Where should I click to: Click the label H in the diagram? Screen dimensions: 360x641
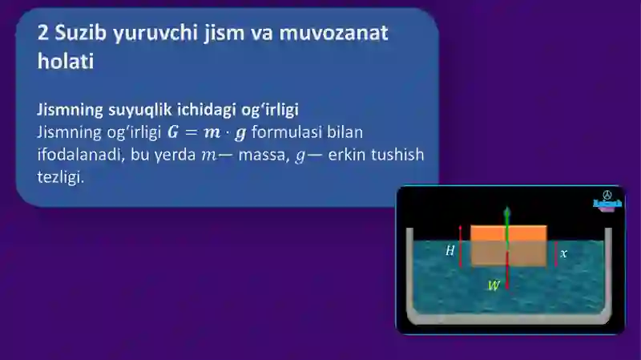tap(450, 251)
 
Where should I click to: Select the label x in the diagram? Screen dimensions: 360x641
tap(563, 253)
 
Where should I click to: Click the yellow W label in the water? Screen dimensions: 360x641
tap(494, 285)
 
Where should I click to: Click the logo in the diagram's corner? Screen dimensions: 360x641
tap(607, 201)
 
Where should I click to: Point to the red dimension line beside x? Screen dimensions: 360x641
tap(555, 253)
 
